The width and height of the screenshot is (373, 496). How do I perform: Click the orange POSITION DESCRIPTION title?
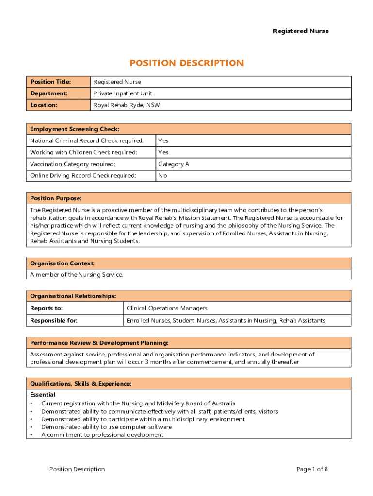(x=186, y=63)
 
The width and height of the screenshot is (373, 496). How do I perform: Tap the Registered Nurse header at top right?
(x=300, y=31)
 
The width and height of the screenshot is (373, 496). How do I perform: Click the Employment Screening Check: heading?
(x=75, y=129)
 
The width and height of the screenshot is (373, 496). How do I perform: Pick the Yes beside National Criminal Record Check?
(x=163, y=141)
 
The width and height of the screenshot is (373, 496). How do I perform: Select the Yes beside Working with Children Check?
(x=163, y=153)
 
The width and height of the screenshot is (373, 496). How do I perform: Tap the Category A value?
(x=174, y=164)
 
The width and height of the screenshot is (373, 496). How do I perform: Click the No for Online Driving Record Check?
(x=163, y=176)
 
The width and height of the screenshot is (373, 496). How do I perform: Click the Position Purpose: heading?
(x=56, y=198)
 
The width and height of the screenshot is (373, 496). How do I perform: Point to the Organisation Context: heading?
(x=62, y=263)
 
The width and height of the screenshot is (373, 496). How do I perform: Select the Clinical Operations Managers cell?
(x=167, y=308)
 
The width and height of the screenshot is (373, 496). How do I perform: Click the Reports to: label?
(x=47, y=308)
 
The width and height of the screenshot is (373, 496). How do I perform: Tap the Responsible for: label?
(x=54, y=320)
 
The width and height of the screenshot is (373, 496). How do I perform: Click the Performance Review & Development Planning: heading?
(x=99, y=343)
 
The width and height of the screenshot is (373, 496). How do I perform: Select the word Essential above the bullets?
(x=43, y=395)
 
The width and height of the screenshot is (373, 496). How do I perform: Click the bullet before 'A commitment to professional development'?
(x=31, y=435)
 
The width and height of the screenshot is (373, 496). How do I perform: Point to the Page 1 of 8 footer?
(x=312, y=469)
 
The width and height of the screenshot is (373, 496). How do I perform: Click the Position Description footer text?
(x=77, y=469)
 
